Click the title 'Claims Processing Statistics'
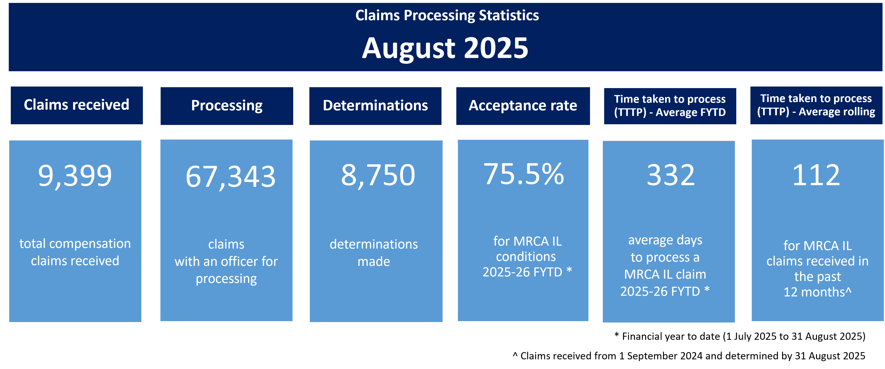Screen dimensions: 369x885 [447, 16]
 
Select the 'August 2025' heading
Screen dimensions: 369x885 [445, 48]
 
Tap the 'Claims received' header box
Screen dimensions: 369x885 [77, 105]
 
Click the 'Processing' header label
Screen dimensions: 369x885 [227, 106]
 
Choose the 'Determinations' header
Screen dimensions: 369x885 [375, 106]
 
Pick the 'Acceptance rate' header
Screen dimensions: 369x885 [523, 106]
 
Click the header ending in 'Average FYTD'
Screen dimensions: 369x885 [670, 106]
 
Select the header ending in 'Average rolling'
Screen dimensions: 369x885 [816, 105]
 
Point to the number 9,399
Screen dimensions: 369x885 [75, 176]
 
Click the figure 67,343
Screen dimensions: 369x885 [231, 177]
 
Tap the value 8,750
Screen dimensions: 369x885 [378, 175]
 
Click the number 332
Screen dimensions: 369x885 [671, 175]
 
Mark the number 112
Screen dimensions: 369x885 [816, 175]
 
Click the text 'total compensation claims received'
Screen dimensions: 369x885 [75, 252]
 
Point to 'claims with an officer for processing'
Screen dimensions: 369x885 [226, 261]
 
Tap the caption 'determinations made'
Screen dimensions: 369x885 [374, 253]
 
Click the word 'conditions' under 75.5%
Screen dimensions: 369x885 [526, 257]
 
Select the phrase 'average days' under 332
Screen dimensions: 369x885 [665, 240]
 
